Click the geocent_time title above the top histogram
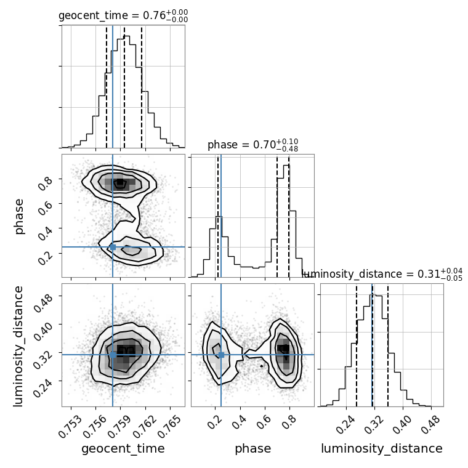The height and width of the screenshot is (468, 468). click(x=123, y=17)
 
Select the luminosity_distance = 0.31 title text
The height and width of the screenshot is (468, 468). click(x=382, y=274)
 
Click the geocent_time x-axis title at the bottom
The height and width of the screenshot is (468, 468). click(x=123, y=449)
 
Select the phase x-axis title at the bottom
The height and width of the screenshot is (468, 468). click(x=252, y=449)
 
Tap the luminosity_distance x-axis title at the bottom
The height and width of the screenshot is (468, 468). click(x=382, y=449)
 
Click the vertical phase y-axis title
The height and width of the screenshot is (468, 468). click(x=19, y=216)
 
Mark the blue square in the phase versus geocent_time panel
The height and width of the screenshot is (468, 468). click(x=113, y=247)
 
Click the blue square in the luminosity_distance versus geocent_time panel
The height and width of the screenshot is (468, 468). click(x=113, y=355)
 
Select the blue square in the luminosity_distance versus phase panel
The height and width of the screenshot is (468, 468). click(x=221, y=355)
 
